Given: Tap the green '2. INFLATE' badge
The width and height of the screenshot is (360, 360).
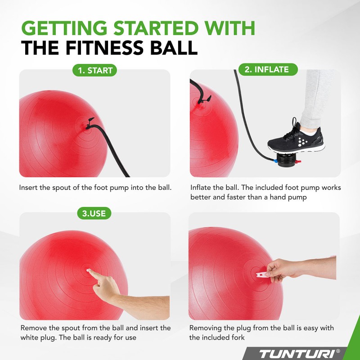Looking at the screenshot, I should click(266, 70).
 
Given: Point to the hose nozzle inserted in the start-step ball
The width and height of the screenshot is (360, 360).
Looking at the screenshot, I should click(89, 122).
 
